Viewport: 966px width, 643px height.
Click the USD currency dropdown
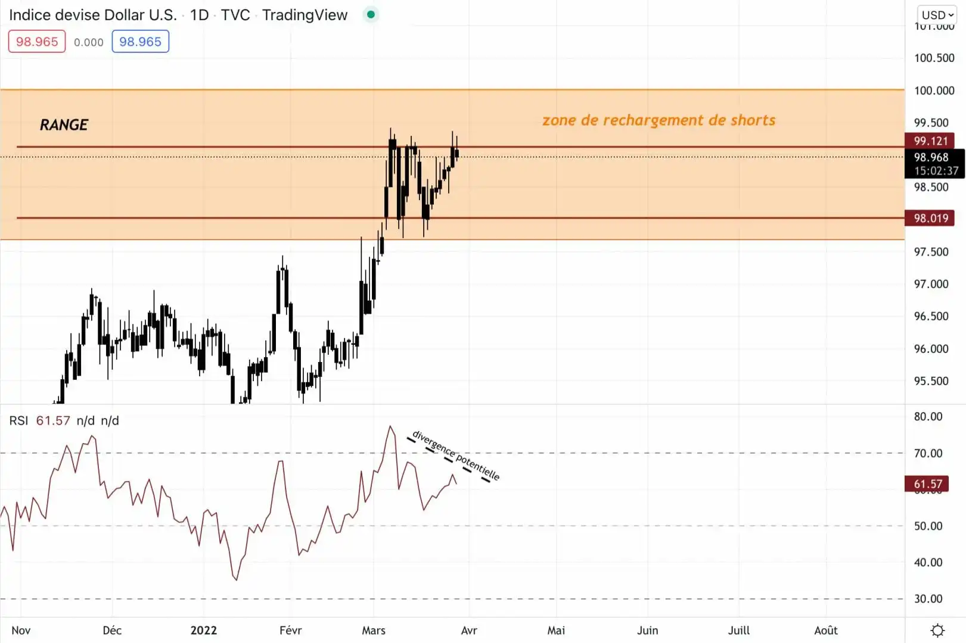pyautogui.click(x=937, y=15)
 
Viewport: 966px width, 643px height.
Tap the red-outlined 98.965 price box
pyautogui.click(x=37, y=42)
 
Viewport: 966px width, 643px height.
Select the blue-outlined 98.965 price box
pyautogui.click(x=140, y=42)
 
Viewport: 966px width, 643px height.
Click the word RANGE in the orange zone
pyautogui.click(x=64, y=125)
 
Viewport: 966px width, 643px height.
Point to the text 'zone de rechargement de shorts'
pyautogui.click(x=659, y=120)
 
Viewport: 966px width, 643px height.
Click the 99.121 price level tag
pyautogui.click(x=930, y=141)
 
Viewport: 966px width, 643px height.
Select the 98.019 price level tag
pyautogui.click(x=930, y=219)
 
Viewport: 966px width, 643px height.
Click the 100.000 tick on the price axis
pyautogui.click(x=934, y=90)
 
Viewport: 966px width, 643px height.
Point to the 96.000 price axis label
pyautogui.click(x=931, y=349)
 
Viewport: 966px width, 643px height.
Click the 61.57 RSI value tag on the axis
pyautogui.click(x=928, y=484)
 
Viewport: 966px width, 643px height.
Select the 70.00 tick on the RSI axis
pyautogui.click(x=928, y=454)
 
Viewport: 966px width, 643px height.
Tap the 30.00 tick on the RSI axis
pyautogui.click(x=928, y=599)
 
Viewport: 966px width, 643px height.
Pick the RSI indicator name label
pyautogui.click(x=18, y=421)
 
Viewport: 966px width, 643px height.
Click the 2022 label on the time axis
pyautogui.click(x=204, y=630)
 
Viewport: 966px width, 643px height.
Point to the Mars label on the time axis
pyautogui.click(x=374, y=630)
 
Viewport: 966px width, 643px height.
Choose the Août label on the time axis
pyautogui.click(x=826, y=630)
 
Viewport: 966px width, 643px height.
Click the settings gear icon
pyautogui.click(x=937, y=630)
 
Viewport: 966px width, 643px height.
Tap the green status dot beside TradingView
pyautogui.click(x=371, y=15)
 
